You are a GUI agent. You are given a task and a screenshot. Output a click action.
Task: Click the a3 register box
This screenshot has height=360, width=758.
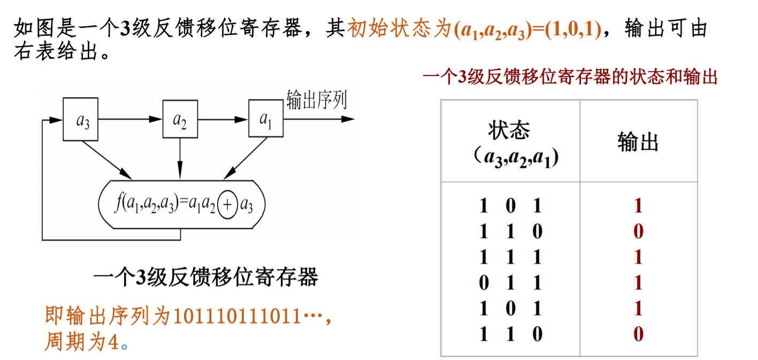point(80,119)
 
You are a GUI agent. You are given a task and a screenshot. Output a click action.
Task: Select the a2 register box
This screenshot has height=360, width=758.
point(180,119)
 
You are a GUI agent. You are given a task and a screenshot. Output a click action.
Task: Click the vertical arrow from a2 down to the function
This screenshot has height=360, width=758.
point(180,158)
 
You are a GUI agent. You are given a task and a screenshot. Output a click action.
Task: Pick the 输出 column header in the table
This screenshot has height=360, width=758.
point(638,142)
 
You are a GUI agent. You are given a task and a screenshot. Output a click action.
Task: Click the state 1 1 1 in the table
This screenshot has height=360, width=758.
point(510,257)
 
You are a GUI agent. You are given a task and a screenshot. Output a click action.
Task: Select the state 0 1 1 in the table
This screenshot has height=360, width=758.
point(510,283)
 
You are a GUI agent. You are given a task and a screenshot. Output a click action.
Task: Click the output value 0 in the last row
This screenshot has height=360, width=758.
point(638,335)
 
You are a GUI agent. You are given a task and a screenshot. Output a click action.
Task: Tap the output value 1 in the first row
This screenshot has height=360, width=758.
point(638,206)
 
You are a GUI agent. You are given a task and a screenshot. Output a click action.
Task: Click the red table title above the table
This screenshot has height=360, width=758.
point(569,78)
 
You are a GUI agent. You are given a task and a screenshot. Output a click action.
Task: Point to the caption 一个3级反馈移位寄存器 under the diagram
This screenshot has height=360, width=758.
point(206,278)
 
